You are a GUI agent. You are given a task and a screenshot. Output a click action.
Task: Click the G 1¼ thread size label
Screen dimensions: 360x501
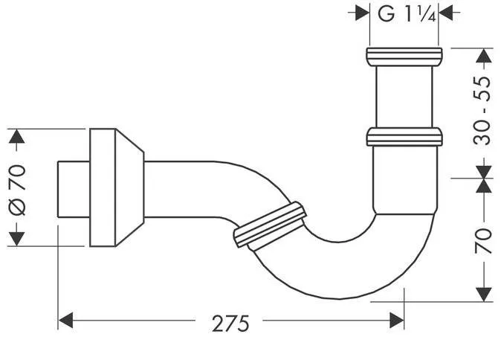(x=406, y=13)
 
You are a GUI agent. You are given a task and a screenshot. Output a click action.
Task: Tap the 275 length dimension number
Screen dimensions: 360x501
(x=230, y=323)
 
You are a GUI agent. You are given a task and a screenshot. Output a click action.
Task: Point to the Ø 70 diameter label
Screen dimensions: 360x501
(x=18, y=187)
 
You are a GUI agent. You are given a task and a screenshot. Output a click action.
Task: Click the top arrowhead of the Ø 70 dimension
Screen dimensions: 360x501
(x=17, y=137)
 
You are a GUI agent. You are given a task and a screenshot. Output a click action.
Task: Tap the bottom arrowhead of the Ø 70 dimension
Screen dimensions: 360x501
(x=17, y=238)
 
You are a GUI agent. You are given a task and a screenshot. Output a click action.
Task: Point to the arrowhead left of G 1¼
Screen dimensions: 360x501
(x=362, y=13)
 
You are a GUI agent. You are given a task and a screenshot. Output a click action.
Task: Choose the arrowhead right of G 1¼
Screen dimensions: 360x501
(x=447, y=13)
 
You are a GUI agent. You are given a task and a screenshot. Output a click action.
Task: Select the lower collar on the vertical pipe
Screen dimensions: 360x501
(x=404, y=136)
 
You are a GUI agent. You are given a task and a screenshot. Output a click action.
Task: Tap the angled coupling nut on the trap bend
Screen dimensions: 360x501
(x=269, y=224)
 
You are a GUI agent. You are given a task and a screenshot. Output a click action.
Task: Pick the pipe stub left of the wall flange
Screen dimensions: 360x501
(x=73, y=187)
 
